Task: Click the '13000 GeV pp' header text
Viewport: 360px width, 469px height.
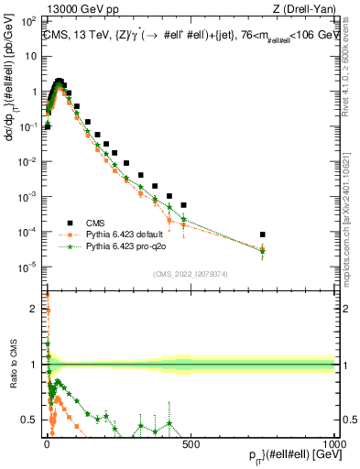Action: (x=81, y=10)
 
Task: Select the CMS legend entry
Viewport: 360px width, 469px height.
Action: (x=93, y=222)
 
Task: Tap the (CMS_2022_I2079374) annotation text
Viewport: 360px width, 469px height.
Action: (x=190, y=272)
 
